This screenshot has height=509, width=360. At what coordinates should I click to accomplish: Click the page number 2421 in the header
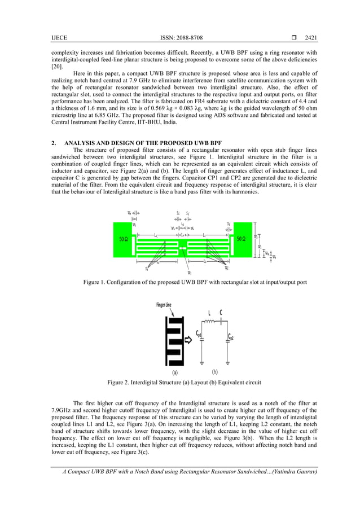[311, 38]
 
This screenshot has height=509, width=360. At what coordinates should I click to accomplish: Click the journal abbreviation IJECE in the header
[59, 38]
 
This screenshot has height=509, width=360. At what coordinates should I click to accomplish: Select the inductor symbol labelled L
[210, 322]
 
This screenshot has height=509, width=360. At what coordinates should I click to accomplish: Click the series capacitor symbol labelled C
[221, 322]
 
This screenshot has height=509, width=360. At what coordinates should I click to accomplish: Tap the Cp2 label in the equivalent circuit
[230, 337]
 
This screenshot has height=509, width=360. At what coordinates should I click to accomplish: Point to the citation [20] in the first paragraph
[57, 65]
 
